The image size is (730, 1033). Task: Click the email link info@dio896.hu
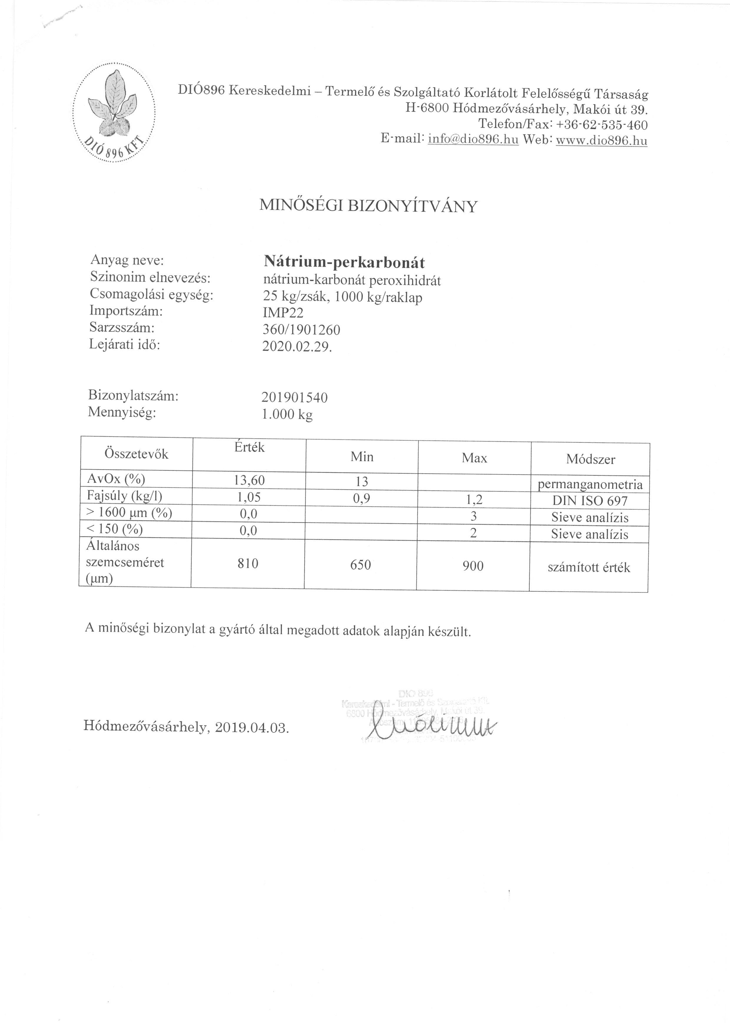pos(473,140)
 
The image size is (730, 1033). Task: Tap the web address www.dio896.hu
pos(601,141)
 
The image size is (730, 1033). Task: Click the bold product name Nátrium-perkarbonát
pos(344,262)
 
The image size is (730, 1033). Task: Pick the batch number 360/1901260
pos(301,330)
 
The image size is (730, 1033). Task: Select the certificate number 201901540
pos(295,397)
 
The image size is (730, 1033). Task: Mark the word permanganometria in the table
pos(590,485)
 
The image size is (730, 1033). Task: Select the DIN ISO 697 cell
pos(589,501)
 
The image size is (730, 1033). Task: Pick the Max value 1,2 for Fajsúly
pos(474,500)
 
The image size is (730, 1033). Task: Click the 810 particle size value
pos(248,563)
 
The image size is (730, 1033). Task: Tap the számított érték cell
pos(589,567)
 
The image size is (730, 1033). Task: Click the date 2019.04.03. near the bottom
pos(252,728)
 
